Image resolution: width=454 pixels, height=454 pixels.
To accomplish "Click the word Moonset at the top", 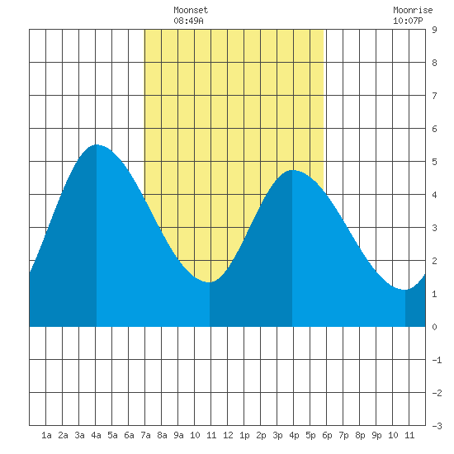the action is [191, 10].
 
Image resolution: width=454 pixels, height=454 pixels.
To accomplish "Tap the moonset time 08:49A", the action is [188, 21].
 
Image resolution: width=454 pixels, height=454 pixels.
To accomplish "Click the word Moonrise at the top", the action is [413, 10].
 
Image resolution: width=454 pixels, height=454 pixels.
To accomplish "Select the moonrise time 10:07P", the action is [408, 21].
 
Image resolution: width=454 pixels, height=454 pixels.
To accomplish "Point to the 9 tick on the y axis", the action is [434, 30].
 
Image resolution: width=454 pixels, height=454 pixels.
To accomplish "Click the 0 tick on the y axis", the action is [434, 327].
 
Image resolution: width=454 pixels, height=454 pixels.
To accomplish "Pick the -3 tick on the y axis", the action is [437, 426].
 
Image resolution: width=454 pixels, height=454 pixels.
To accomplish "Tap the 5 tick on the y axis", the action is [434, 162].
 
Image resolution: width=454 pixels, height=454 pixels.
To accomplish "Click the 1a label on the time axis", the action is [46, 435].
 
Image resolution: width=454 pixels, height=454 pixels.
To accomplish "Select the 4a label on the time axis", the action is [96, 435].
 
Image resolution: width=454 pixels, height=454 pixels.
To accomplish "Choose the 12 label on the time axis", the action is [228, 435].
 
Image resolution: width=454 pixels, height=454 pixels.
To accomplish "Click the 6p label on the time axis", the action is [327, 435].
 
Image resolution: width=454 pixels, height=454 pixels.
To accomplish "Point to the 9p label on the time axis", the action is [376, 435].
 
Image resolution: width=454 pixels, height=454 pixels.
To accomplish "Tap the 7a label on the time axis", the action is [145, 435].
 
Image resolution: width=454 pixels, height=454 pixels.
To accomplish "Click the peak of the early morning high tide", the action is [97, 144].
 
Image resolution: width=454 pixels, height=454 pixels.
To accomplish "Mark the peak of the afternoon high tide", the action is [292, 170].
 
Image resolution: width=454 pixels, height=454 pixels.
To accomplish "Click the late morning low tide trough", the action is [210, 282].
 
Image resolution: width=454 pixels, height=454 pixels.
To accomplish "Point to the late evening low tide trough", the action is [404, 290].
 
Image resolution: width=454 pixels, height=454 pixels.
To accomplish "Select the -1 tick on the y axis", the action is [437, 360].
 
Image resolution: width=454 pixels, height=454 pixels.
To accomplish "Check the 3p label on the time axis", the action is [277, 435].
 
